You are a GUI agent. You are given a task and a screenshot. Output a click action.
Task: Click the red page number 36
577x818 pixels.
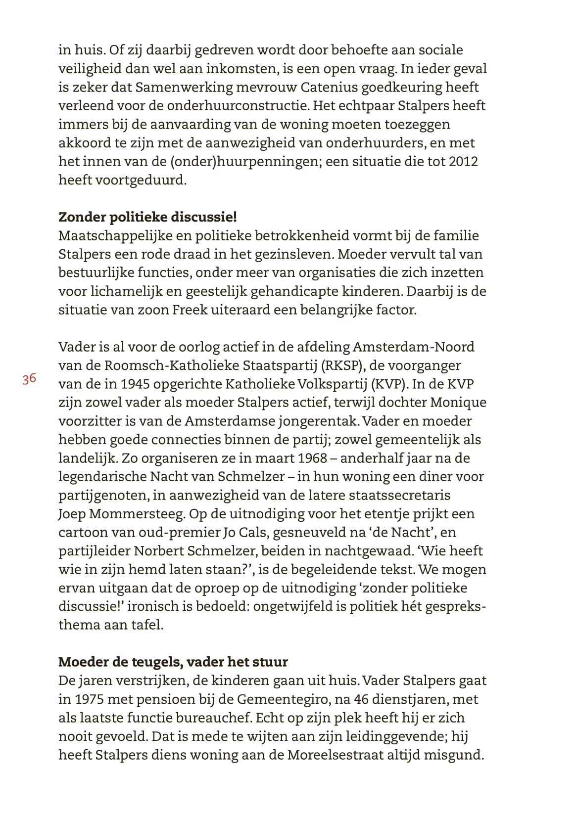point(29,379)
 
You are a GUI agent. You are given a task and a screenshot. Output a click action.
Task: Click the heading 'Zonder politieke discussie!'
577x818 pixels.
point(147,217)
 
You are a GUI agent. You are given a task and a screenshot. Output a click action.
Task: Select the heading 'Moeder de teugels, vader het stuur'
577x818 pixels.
point(173,662)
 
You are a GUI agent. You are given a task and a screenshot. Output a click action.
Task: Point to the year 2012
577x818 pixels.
point(463,161)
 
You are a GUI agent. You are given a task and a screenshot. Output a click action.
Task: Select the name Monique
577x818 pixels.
point(458,403)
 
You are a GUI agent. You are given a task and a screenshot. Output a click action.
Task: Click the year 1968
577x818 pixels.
point(313,458)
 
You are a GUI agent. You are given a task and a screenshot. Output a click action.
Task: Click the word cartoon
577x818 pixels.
point(83,532)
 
